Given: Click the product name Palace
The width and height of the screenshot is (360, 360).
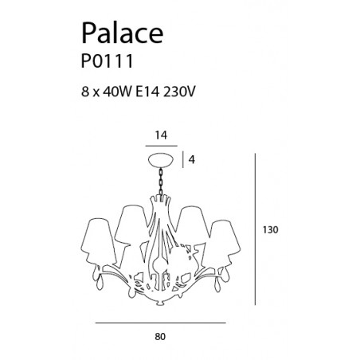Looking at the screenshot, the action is point(122,33).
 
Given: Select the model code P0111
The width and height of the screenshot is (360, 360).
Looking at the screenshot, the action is point(107,61).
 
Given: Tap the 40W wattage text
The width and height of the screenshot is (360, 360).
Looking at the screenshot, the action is point(117,92).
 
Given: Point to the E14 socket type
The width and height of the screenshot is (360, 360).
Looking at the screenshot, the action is point(147,92).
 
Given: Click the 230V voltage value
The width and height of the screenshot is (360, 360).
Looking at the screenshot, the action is point(179,92).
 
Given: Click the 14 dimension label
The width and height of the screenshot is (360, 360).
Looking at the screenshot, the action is point(161,135).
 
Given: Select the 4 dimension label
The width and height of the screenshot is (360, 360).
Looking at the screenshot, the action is point(191,160).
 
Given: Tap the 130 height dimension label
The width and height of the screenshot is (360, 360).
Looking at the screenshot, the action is point(271,229).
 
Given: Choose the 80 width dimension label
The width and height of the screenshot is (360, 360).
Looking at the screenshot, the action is point(160,337).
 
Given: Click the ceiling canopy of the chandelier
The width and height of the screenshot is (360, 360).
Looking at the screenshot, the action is point(161,160).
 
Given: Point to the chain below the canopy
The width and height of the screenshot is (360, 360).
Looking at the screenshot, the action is point(161,182).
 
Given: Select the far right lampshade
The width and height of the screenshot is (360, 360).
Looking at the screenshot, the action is point(225,239).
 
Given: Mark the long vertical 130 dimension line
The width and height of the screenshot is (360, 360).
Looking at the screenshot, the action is point(255,229).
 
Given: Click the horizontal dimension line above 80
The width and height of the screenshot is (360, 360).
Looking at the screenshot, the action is point(161,323).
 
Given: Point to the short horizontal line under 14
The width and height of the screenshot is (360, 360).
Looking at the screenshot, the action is point(161,146).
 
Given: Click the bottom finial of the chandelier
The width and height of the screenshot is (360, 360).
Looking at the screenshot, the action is point(160,303).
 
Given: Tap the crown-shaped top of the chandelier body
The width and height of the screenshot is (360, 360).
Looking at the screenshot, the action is point(160,199).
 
